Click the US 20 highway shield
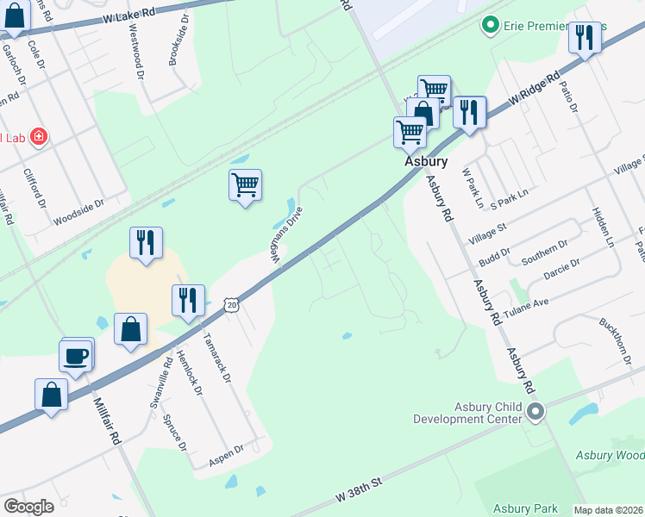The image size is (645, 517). (231, 305)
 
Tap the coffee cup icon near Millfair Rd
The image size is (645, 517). (76, 355)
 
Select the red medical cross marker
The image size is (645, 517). (39, 137)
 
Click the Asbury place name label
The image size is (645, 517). (426, 161)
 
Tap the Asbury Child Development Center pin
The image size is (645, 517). (535, 413)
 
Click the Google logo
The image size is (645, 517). (28, 507)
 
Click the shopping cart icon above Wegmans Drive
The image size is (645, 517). (246, 184)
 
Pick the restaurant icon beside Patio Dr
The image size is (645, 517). (586, 37)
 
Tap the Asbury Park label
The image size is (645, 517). (526, 508)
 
